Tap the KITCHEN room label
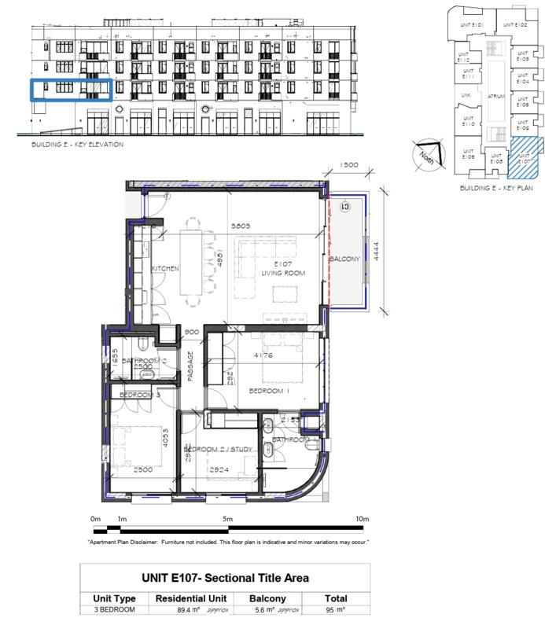click(166, 269)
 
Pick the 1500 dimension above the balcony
click(348, 165)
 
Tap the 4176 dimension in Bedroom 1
click(263, 355)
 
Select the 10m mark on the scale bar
click(363, 519)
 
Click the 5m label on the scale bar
click(228, 519)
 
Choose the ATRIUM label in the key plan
click(495, 96)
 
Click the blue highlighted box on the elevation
click(71, 90)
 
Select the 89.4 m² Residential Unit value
click(174, 609)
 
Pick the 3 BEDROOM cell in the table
click(114, 609)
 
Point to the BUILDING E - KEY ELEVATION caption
click(77, 145)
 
